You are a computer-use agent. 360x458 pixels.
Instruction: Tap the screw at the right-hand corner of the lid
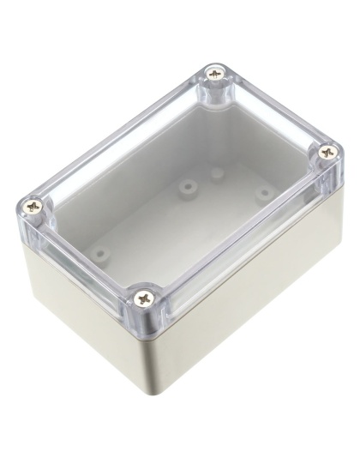pyautogui.click(x=327, y=151)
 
